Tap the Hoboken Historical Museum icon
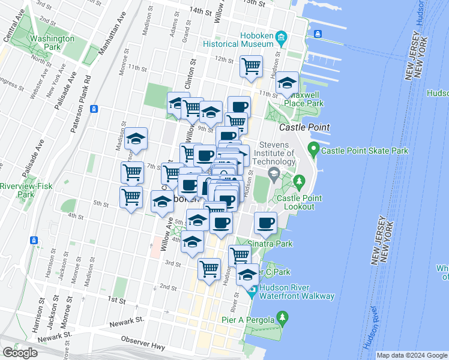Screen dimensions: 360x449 pos(281,40)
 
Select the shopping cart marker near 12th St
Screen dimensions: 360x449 pos(251,66)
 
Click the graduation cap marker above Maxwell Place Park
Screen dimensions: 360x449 pos(288,82)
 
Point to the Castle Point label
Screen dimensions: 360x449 pos(304,127)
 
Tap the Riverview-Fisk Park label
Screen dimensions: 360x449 pos(17,190)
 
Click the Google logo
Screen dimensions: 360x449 pos(20,353)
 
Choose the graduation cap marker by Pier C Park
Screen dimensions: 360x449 pos(247,274)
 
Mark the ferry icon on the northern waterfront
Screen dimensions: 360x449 pos(319,34)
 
